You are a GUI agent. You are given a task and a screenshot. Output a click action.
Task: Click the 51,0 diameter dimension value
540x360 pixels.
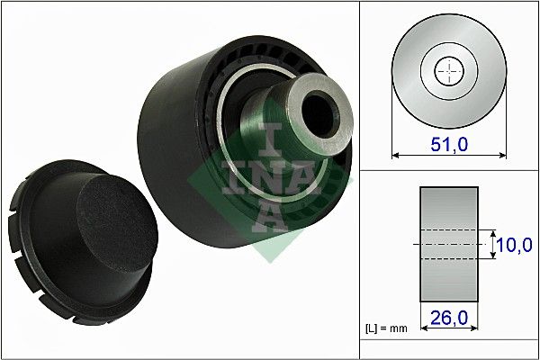(446, 143)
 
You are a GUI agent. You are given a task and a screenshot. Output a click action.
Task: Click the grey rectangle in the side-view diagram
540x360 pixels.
(448, 244)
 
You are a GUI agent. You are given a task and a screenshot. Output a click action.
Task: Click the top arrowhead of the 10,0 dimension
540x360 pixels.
(493, 233)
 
